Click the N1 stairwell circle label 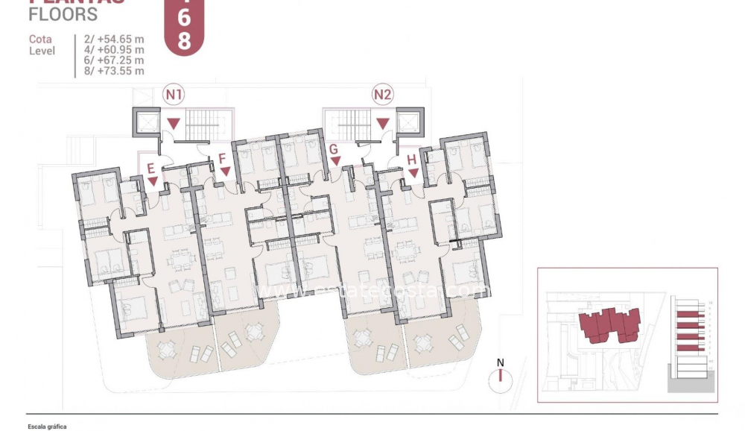click(x=174, y=95)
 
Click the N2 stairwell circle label click(x=383, y=95)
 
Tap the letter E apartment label click(x=151, y=168)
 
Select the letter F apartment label click(x=222, y=158)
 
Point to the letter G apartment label click(x=334, y=148)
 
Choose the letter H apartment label click(x=412, y=159)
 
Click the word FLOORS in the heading click(x=63, y=14)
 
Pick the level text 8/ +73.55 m click(x=111, y=71)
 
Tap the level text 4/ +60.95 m click(x=111, y=48)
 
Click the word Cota click(x=40, y=39)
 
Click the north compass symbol click(x=501, y=376)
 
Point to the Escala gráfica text click(x=47, y=427)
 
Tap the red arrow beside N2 click(x=383, y=123)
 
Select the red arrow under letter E click(x=153, y=181)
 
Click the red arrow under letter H click(x=413, y=173)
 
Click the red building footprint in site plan click(x=609, y=325)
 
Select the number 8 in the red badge click(x=183, y=41)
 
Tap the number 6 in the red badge click(x=183, y=19)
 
